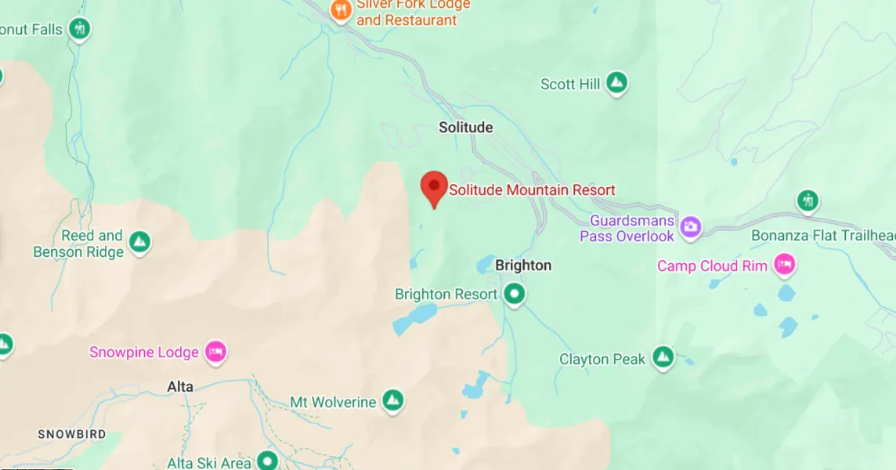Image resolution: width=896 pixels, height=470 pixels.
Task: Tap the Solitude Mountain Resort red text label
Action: click(x=532, y=190)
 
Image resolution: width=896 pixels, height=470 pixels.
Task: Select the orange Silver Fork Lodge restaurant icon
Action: click(x=341, y=10)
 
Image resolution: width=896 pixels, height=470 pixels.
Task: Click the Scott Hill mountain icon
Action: click(x=617, y=83)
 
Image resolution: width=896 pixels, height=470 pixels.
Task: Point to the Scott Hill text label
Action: click(x=570, y=84)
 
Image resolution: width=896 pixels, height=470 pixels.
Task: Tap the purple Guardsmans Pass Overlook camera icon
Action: click(x=690, y=227)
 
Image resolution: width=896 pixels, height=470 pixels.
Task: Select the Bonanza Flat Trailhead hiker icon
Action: click(x=807, y=201)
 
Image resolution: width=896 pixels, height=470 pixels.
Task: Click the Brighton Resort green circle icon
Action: click(x=514, y=295)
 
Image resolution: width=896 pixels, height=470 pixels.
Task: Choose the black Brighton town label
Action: click(x=523, y=266)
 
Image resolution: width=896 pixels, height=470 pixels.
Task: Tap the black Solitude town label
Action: click(x=465, y=127)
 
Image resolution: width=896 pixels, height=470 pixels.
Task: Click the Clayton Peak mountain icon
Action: click(x=663, y=358)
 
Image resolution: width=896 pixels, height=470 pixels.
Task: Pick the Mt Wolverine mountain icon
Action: click(x=392, y=402)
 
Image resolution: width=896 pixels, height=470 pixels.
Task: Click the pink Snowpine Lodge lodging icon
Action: click(x=215, y=352)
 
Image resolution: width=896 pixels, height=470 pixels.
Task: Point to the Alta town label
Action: click(x=180, y=387)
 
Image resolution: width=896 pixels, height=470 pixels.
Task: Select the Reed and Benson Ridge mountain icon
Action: click(x=139, y=243)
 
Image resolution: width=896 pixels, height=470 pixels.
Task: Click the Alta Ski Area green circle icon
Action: click(x=269, y=460)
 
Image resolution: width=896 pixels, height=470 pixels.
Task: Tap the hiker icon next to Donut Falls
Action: click(x=78, y=30)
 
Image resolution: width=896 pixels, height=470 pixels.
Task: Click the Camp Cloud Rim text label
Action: click(x=712, y=266)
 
